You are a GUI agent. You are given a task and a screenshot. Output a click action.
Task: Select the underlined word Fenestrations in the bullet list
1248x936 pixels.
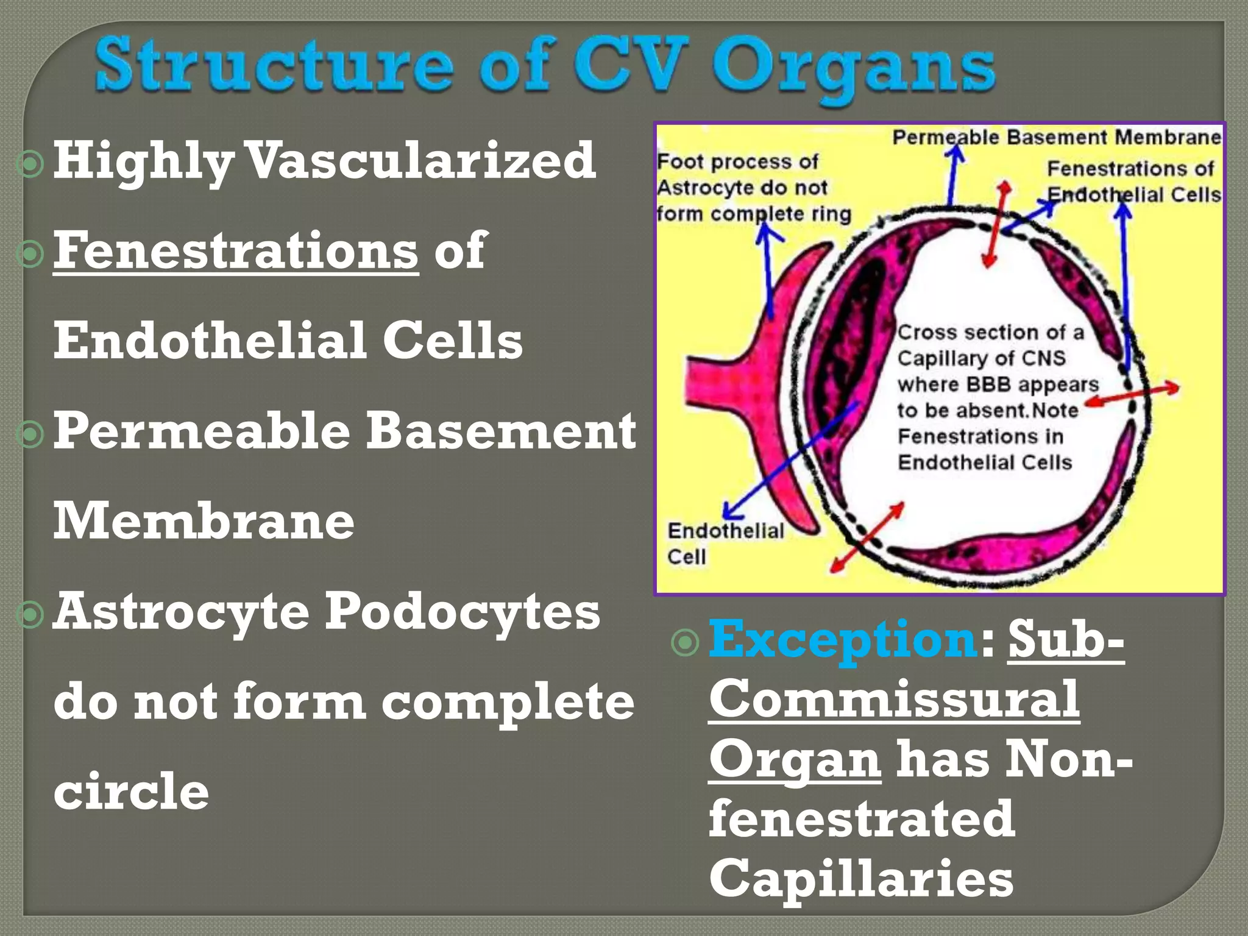click(236, 251)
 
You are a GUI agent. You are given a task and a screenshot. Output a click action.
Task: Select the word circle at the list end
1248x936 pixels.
click(131, 791)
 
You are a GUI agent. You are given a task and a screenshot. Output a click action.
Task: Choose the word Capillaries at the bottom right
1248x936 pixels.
click(861, 879)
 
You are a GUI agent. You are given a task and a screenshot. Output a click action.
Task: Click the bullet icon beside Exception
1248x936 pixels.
click(685, 643)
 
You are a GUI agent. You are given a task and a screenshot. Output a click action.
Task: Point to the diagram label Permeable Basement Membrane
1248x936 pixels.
click(1057, 137)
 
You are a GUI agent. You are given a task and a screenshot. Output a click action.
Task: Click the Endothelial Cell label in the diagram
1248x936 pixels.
click(725, 543)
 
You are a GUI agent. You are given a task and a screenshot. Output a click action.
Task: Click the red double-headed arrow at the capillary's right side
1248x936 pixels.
click(1133, 394)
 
